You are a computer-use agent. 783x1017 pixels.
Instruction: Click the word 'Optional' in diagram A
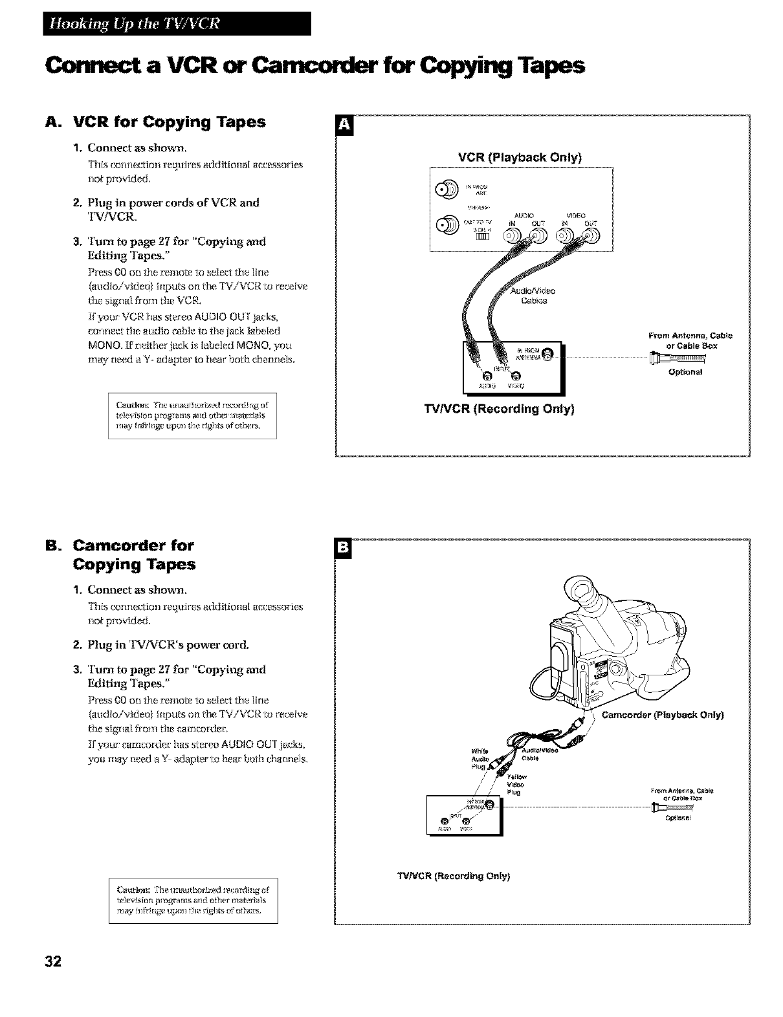tap(685, 372)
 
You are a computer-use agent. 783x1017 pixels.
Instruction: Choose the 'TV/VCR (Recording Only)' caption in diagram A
tap(499, 409)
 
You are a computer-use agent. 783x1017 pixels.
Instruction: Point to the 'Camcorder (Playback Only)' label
tap(663, 715)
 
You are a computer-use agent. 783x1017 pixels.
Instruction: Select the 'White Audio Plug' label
tap(480, 760)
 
